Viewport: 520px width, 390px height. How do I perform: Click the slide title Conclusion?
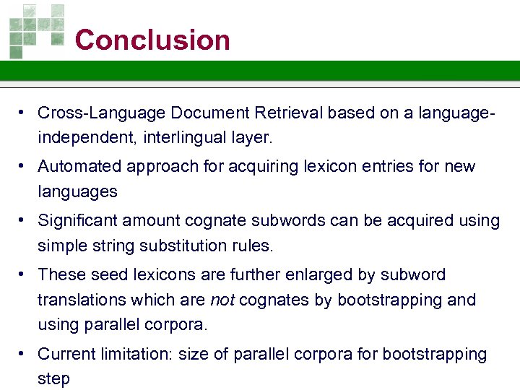click(x=152, y=40)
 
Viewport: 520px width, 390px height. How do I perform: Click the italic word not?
click(x=221, y=300)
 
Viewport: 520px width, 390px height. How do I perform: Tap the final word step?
click(x=53, y=379)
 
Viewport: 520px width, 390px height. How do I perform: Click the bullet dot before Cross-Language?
click(x=24, y=113)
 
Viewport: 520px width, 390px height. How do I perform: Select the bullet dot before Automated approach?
click(x=24, y=167)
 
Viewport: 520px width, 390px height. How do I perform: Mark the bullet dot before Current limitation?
click(x=24, y=354)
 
